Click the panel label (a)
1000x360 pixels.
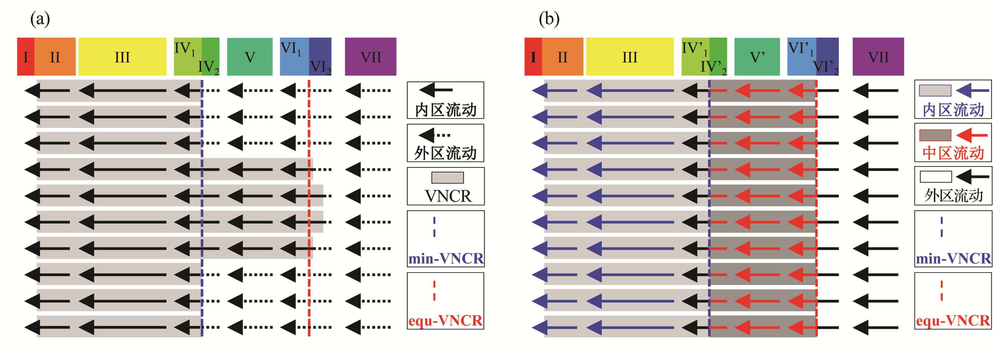tap(40, 19)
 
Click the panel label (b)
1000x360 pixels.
tap(549, 19)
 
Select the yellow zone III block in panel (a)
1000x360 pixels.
tap(122, 57)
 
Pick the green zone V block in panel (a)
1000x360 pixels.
tap(249, 57)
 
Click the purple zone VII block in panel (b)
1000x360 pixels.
tap(878, 57)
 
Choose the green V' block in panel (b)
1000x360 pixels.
tap(757, 57)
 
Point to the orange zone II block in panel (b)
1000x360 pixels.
tap(562, 57)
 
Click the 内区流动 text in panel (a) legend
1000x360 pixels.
tap(446, 110)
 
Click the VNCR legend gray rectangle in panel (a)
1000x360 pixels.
tap(448, 178)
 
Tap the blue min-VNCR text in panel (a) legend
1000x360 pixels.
tap(446, 258)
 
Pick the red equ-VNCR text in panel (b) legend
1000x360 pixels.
tap(953, 320)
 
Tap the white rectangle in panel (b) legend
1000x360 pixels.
tap(936, 177)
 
